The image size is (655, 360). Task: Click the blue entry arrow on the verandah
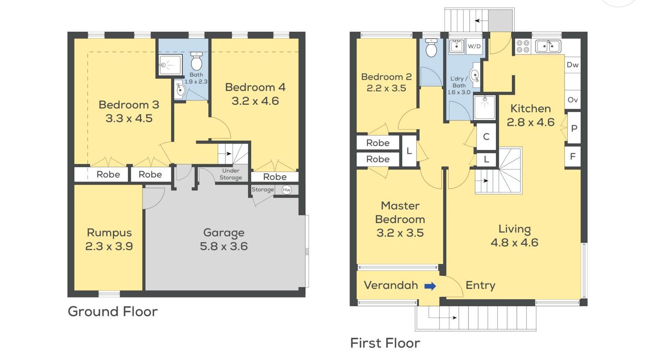[430, 286]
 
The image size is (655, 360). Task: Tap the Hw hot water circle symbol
[287, 190]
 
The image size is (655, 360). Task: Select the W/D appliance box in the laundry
[474, 46]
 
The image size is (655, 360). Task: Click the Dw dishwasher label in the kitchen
[573, 65]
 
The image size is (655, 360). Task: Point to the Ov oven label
[573, 100]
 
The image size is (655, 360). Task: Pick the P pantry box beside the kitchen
[574, 128]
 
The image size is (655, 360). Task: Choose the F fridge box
[573, 156]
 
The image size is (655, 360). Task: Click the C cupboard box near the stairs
[486, 137]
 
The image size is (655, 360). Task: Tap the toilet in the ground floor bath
[196, 61]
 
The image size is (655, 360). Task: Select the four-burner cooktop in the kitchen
[523, 47]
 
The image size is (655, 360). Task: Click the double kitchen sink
[548, 46]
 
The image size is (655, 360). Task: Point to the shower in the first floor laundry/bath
[485, 107]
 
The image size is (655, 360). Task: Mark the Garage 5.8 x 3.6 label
[224, 239]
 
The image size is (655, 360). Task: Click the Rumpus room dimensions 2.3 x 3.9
[109, 246]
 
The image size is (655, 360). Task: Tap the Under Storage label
[231, 174]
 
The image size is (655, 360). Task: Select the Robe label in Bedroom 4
[275, 177]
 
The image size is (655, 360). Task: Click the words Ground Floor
[113, 311]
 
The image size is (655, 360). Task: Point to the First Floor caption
[385, 343]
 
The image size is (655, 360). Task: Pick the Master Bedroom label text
[400, 212]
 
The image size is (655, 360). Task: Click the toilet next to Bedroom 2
[431, 47]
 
